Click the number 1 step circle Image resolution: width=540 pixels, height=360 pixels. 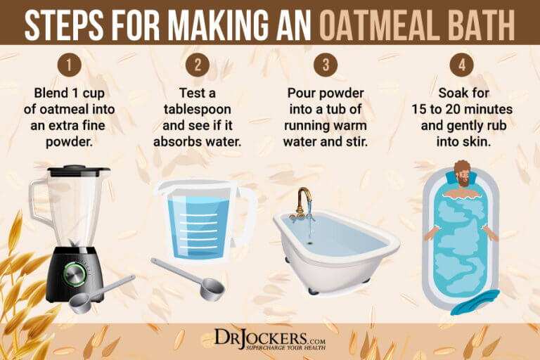coord(69,65)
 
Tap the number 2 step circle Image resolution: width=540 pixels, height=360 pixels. coord(198,65)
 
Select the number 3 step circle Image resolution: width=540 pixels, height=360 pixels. coord(326,65)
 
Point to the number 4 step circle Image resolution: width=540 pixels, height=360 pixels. coord(462,65)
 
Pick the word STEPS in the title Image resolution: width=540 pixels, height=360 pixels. coord(64,25)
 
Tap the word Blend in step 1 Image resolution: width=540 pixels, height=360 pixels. coord(51,93)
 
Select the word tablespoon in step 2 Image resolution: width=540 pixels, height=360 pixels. coord(198,110)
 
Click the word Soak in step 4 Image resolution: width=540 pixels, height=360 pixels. coord(450,93)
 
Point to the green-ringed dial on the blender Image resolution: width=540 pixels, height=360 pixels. coord(75,274)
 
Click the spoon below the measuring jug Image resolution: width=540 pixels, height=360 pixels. coord(188,279)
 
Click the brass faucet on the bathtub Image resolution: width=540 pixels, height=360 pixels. coord(304,204)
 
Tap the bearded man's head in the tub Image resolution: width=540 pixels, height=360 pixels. coord(463,174)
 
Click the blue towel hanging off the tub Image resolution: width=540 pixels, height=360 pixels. coord(475,302)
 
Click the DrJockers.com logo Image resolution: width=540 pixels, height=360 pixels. coord(270,340)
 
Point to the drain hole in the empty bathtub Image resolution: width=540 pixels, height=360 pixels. coord(310,243)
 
